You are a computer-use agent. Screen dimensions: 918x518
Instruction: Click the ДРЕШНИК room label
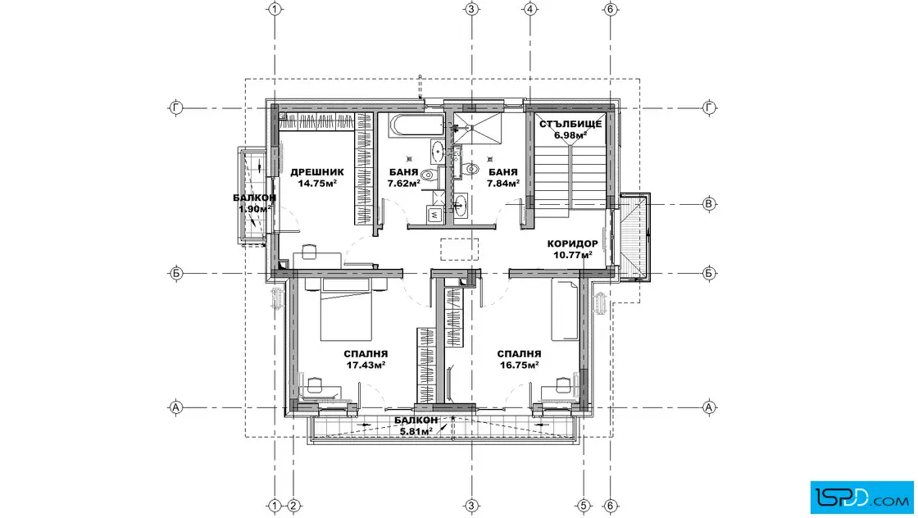(316, 172)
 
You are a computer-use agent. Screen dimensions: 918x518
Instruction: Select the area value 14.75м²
(316, 184)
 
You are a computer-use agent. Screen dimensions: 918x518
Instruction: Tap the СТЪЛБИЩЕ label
(570, 124)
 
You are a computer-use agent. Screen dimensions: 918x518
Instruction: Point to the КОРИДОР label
(573, 243)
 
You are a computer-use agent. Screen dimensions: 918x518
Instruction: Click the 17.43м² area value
(366, 365)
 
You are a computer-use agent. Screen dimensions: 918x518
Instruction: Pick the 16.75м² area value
(520, 365)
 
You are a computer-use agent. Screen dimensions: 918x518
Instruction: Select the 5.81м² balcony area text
(416, 431)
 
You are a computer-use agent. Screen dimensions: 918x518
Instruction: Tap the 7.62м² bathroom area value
(403, 184)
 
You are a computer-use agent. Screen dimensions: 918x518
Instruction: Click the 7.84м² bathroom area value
(503, 184)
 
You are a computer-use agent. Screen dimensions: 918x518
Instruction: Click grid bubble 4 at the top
(529, 9)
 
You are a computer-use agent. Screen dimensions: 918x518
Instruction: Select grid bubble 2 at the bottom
(294, 506)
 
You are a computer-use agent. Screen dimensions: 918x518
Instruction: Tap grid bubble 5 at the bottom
(583, 506)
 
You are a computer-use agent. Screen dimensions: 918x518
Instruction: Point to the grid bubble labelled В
(709, 204)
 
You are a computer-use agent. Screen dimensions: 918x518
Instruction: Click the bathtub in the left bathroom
(417, 125)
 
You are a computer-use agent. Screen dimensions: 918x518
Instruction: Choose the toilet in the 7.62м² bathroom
(429, 174)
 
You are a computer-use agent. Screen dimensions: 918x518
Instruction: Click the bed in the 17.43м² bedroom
(346, 310)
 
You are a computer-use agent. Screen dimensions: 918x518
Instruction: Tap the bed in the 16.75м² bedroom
(565, 310)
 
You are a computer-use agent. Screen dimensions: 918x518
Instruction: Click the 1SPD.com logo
(861, 498)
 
